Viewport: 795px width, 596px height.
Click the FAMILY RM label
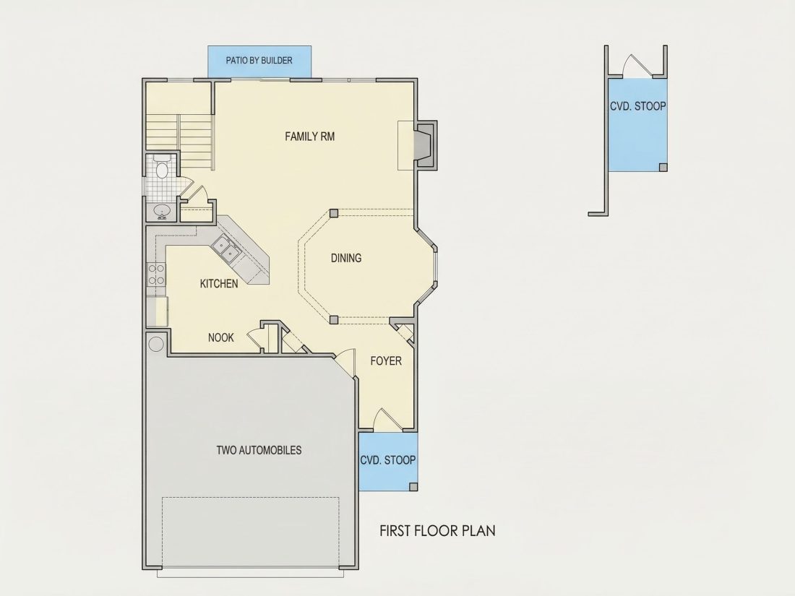click(x=310, y=137)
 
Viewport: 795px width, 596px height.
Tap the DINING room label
click(x=346, y=258)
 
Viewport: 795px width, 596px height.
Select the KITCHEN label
click(x=219, y=284)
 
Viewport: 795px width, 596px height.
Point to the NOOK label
click(x=221, y=337)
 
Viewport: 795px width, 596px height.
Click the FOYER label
click(x=386, y=360)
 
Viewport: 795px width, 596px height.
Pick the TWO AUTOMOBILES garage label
click(x=259, y=450)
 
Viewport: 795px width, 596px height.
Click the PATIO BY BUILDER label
click(x=259, y=60)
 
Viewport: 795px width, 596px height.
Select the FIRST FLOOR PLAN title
click(x=437, y=531)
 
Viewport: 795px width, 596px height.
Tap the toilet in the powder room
click(x=162, y=168)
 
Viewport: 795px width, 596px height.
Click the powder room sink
click(x=162, y=211)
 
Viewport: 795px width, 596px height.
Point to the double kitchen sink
click(x=226, y=249)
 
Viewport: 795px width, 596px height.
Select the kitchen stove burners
click(x=156, y=274)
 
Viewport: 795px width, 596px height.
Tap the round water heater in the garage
click(x=155, y=344)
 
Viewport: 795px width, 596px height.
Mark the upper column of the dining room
click(x=334, y=213)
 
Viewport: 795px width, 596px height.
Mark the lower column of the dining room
click(x=334, y=320)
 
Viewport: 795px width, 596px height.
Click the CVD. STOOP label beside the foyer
click(x=388, y=460)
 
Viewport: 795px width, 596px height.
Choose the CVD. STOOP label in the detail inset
click(x=638, y=106)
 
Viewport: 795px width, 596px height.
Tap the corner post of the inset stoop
click(x=663, y=168)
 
